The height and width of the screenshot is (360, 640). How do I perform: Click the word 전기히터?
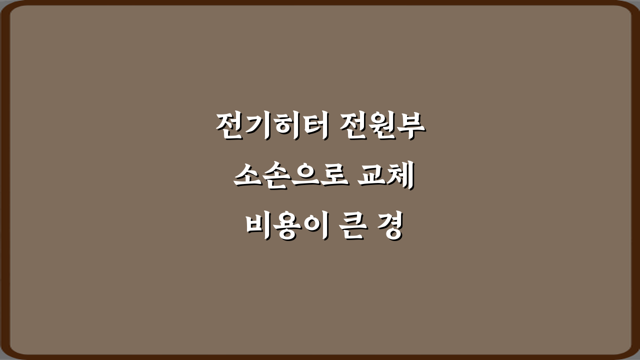tap(272, 126)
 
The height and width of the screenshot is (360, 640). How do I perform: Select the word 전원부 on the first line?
tap(382, 126)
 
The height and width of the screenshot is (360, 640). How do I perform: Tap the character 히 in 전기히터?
tap(286, 126)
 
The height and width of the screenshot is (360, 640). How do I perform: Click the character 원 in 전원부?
tap(382, 126)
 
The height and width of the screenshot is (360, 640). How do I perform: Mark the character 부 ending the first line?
tap(410, 126)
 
